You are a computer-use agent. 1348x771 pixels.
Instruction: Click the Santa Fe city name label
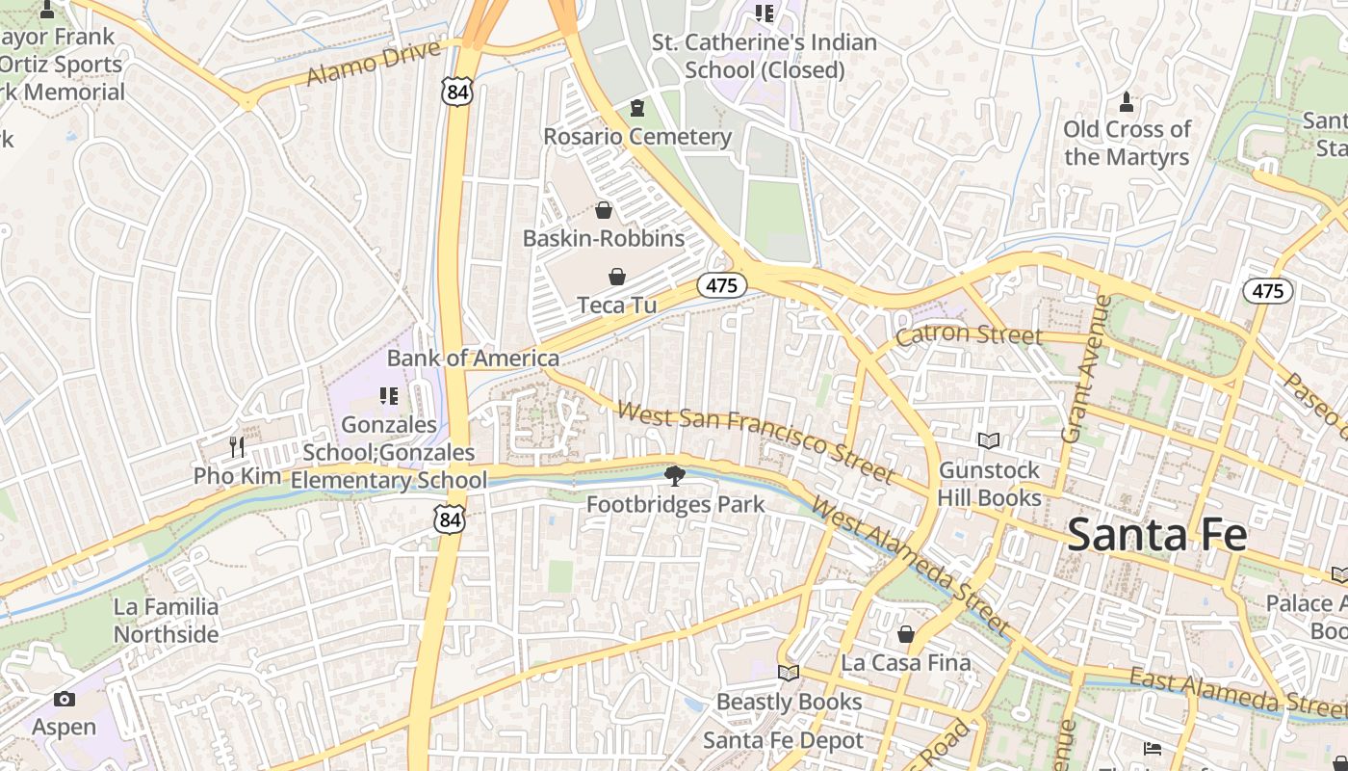(1156, 535)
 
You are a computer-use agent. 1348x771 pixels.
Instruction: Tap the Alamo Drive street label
(374, 63)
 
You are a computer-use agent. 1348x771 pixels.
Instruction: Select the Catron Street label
(969, 335)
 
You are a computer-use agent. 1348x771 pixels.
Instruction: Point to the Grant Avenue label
(1086, 369)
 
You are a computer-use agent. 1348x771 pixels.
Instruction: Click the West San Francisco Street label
(755, 442)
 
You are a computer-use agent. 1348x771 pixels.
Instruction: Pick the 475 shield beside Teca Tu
(721, 285)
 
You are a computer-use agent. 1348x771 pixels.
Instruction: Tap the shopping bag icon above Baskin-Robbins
(604, 210)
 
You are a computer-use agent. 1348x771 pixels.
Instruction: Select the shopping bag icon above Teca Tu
(617, 278)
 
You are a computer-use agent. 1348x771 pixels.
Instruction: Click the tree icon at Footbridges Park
(676, 474)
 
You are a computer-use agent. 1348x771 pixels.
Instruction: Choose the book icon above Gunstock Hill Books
(989, 440)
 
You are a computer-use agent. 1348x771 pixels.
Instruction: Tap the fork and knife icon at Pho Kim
(237, 447)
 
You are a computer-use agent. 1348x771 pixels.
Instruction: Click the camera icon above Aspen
(65, 699)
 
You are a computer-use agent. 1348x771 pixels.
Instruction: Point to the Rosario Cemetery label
(637, 137)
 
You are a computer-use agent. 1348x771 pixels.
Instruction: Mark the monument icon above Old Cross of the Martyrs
(1127, 101)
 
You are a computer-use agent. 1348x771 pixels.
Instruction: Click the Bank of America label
(473, 359)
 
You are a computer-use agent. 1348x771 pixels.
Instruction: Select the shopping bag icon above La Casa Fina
(905, 634)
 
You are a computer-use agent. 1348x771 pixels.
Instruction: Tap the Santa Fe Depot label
(783, 740)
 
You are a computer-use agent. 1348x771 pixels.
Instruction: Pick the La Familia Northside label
(167, 621)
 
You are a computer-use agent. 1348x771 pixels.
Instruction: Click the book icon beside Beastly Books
(789, 673)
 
